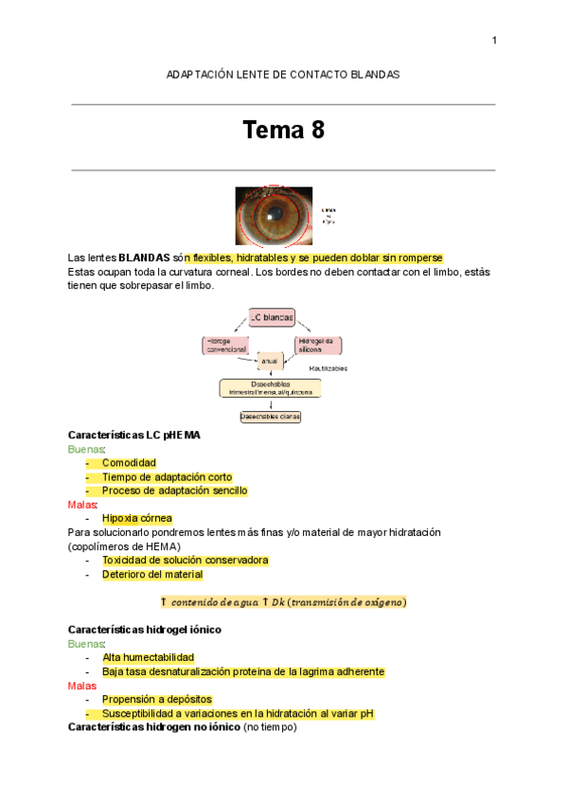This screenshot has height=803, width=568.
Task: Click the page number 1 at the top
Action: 494,40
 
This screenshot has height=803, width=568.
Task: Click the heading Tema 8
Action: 284,131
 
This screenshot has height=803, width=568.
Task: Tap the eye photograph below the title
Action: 274,215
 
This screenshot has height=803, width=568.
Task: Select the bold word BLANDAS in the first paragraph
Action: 144,258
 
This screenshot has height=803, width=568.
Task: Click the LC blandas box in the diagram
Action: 272,316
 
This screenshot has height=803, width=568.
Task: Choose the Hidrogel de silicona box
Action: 319,345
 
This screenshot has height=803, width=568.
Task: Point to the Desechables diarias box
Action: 270,416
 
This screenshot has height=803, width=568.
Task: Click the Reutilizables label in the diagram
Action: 327,368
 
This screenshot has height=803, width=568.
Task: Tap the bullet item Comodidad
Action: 129,463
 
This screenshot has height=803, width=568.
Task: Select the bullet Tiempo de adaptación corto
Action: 167,477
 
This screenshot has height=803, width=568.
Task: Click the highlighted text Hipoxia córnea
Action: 137,519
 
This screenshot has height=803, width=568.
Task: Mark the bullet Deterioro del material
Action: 151,574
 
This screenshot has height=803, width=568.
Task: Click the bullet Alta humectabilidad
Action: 148,657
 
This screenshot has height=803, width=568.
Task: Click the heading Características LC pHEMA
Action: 133,435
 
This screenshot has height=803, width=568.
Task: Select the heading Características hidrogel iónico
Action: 145,629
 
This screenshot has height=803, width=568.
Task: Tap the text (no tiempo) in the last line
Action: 272,727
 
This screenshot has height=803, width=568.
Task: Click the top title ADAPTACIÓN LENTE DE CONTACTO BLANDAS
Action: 283,74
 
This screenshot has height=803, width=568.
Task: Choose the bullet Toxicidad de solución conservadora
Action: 185,560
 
